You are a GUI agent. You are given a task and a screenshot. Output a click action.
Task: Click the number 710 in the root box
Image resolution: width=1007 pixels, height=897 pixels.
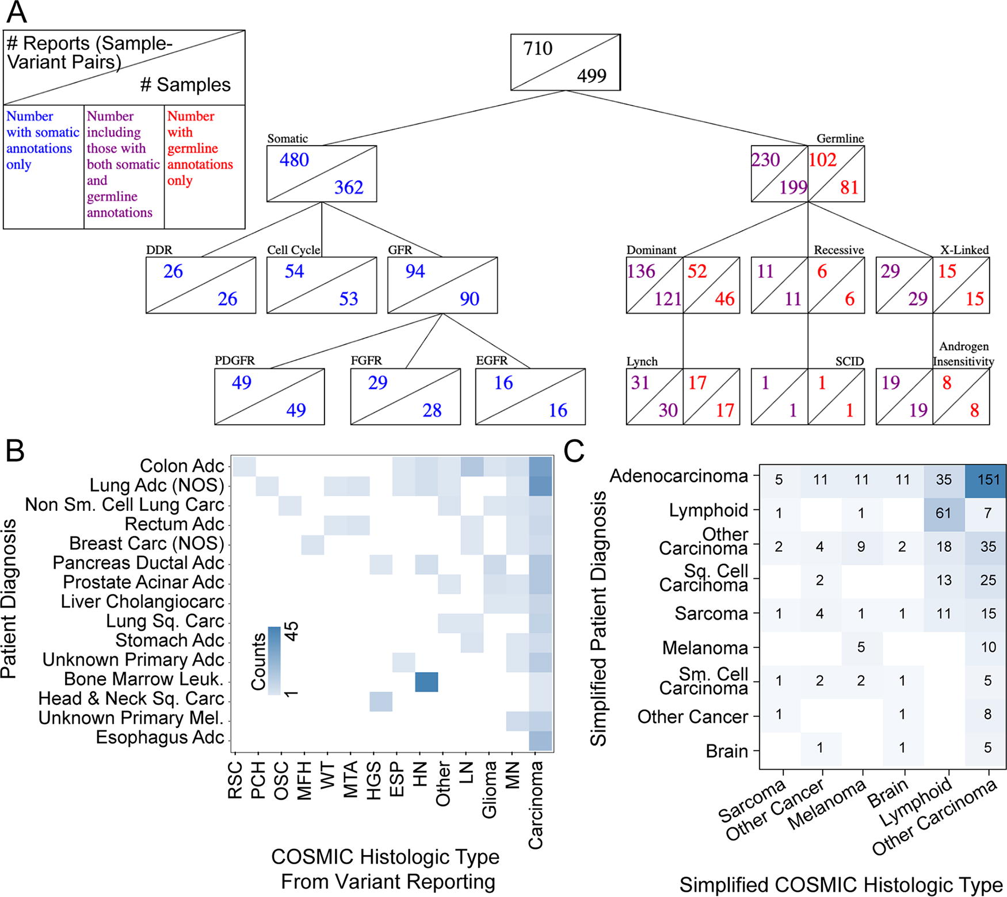click(537, 48)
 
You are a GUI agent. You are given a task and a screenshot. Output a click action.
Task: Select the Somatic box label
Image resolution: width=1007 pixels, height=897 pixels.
click(287, 139)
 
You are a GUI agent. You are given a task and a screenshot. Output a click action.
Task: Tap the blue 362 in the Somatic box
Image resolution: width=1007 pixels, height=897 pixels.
click(349, 187)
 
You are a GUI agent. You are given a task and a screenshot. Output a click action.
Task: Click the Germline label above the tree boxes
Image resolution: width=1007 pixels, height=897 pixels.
click(840, 139)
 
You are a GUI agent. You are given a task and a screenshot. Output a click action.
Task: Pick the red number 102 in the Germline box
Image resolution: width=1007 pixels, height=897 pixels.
click(822, 159)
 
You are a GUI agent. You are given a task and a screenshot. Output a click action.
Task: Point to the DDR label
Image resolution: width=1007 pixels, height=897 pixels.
click(159, 250)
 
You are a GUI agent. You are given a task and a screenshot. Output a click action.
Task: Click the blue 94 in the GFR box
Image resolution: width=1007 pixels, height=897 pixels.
click(415, 271)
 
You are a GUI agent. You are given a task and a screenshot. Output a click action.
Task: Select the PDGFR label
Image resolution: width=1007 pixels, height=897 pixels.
click(234, 361)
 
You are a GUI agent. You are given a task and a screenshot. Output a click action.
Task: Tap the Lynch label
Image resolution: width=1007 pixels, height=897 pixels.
click(642, 361)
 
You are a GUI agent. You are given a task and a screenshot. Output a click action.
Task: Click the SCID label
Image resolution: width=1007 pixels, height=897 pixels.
click(849, 361)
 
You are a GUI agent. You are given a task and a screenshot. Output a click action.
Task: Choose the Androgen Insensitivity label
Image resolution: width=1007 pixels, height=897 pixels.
click(964, 354)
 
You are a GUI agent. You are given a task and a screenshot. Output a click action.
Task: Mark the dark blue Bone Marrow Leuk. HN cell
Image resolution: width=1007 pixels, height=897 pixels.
click(426, 682)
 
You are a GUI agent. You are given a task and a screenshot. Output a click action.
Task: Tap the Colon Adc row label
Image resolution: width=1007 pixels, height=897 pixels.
click(182, 465)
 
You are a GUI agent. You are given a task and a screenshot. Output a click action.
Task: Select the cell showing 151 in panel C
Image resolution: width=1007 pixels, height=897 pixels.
click(986, 480)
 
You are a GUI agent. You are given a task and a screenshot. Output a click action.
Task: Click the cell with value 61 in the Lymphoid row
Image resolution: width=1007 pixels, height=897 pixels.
click(944, 513)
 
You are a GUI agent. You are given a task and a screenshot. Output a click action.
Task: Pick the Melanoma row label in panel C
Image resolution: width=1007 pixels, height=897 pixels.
click(705, 648)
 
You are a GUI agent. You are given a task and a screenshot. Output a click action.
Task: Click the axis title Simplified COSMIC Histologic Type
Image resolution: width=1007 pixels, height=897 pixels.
click(841, 884)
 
